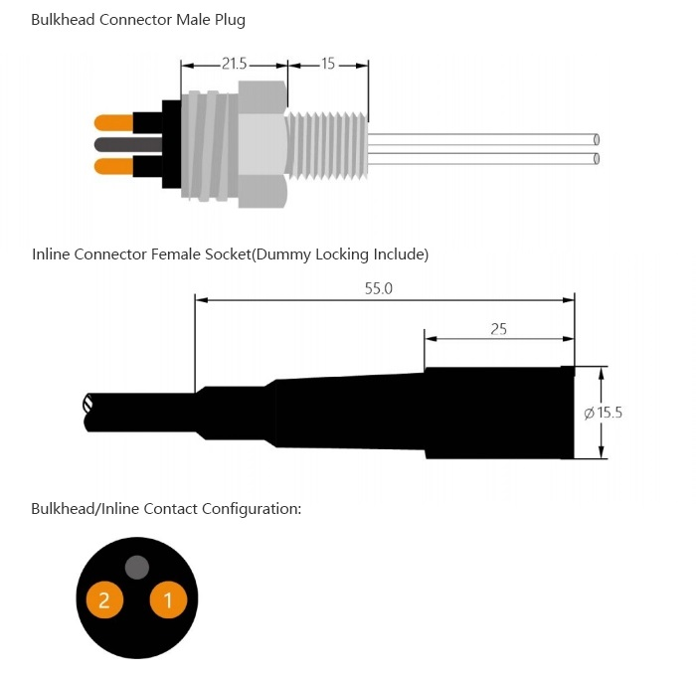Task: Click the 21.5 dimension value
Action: [x=234, y=64]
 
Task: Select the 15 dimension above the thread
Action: [x=328, y=64]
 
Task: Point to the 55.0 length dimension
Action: [x=380, y=288]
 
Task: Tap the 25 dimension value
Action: [x=498, y=328]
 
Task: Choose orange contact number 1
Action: [x=168, y=599]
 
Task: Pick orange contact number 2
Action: [x=104, y=599]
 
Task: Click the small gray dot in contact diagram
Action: [x=137, y=568]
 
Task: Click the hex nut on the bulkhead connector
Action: [x=262, y=145]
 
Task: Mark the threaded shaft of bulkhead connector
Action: [x=326, y=145]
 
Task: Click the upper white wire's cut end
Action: [x=596, y=139]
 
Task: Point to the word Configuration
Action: [x=251, y=509]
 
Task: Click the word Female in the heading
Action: [x=175, y=254]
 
